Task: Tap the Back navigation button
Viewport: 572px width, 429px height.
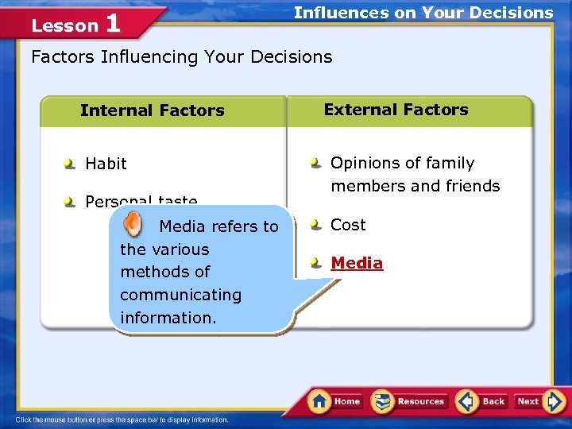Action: tap(482, 401)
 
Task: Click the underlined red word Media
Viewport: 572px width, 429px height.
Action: tap(357, 263)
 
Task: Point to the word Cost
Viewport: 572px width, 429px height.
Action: tap(348, 225)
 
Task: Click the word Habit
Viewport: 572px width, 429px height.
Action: tap(106, 164)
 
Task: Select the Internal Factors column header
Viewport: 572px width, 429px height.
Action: tap(152, 110)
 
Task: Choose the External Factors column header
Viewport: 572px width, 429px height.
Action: tap(396, 110)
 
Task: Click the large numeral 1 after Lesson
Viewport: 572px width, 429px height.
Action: tap(113, 23)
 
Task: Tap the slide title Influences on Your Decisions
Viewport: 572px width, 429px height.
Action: tap(423, 13)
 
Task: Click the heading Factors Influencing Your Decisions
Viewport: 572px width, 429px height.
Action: tap(181, 57)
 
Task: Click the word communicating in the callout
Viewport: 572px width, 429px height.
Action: tap(180, 295)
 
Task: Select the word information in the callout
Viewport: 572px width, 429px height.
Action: tap(166, 318)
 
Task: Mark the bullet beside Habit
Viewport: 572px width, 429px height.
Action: tap(70, 164)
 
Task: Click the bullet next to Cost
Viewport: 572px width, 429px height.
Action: tap(316, 225)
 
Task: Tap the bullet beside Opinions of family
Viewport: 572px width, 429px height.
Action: tap(316, 163)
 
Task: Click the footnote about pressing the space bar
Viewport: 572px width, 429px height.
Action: tap(122, 419)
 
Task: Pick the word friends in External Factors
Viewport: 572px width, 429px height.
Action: tap(473, 186)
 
